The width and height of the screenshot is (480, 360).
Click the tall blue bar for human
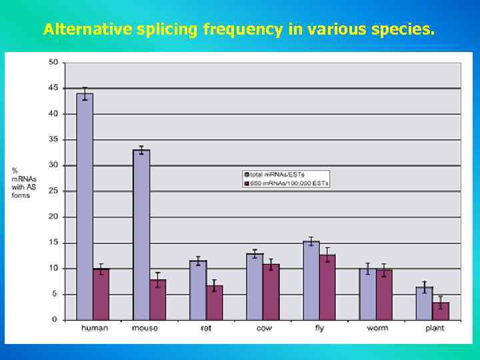(85, 207)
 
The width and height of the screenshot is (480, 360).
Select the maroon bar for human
(101, 294)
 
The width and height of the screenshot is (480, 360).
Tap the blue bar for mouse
(141, 235)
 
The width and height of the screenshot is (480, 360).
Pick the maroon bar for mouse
(158, 299)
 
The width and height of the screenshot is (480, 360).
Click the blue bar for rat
(198, 290)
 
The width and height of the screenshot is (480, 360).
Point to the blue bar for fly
(311, 280)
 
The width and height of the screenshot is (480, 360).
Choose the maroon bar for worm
(384, 295)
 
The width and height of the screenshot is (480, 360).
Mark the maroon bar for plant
(441, 311)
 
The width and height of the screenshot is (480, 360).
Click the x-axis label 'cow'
(264, 329)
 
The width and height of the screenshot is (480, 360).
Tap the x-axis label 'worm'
(377, 329)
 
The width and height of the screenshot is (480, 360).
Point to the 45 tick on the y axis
(53, 88)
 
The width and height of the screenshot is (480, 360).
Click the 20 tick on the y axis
(53, 217)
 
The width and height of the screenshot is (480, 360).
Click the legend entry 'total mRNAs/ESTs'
(277, 174)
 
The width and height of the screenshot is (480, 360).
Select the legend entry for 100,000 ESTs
(287, 183)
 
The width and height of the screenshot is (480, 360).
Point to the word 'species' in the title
(400, 29)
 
